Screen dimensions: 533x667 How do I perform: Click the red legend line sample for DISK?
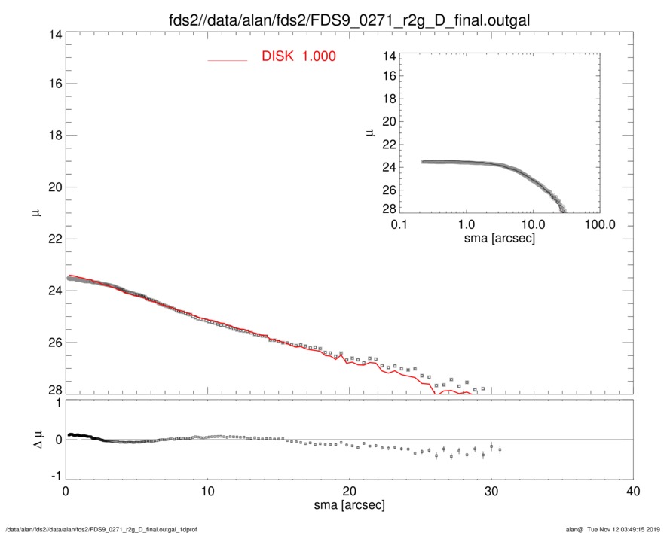[x=227, y=59]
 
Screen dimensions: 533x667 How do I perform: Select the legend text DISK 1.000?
[x=298, y=56]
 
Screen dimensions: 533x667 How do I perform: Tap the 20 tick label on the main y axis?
[x=52, y=187]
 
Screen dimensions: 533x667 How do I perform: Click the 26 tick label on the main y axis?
[x=52, y=342]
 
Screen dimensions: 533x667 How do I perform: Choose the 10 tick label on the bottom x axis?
[x=207, y=491]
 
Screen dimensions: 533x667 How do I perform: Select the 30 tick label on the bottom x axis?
[x=491, y=491]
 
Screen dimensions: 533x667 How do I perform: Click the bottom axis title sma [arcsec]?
[x=350, y=504]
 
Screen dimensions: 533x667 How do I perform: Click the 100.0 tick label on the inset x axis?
[x=599, y=225]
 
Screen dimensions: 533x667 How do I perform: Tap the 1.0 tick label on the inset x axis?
[x=466, y=225]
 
